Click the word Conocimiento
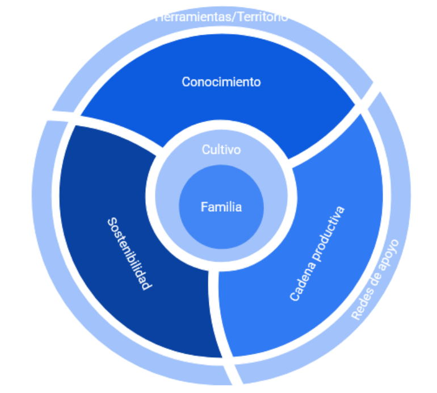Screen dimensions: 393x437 pyautogui.click(x=221, y=82)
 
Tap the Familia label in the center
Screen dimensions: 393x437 pyautogui.click(x=221, y=207)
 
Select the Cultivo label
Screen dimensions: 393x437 pyautogui.click(x=221, y=150)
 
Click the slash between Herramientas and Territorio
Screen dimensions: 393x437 pyautogui.click(x=230, y=17)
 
